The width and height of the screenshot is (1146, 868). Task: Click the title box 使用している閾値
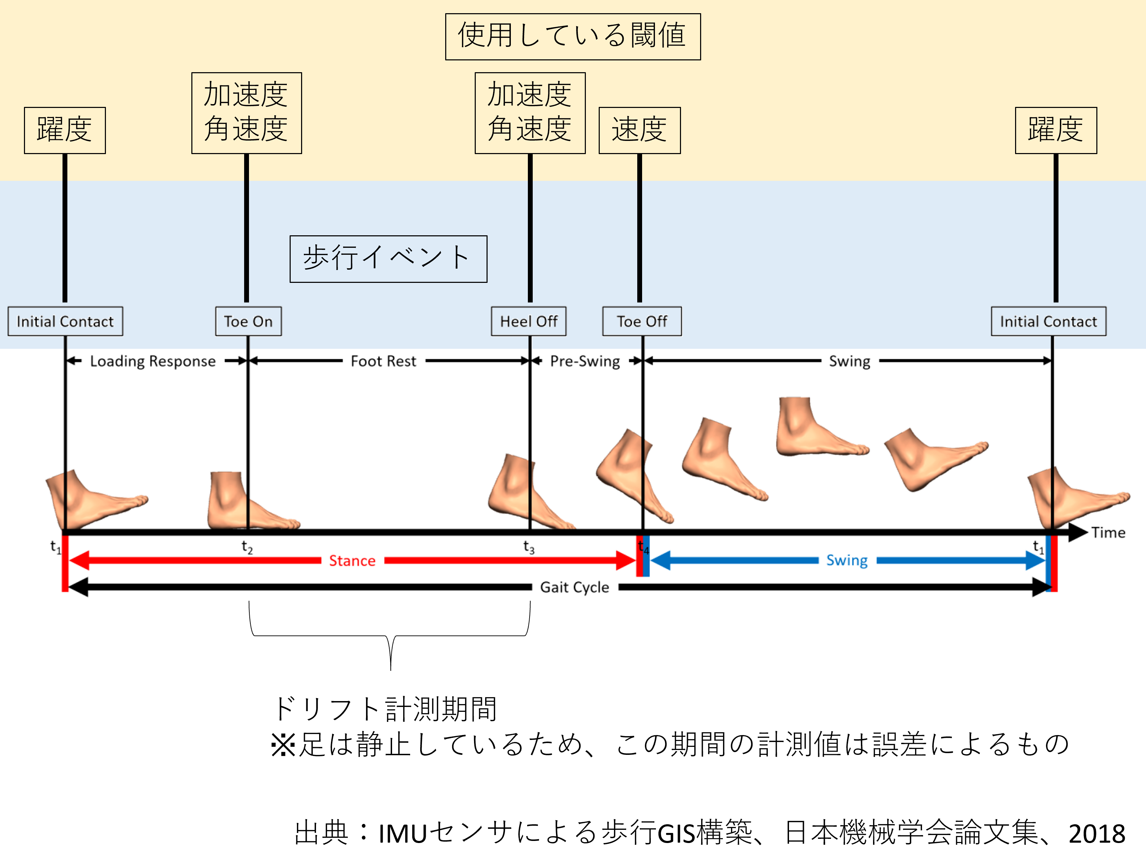pyautogui.click(x=573, y=36)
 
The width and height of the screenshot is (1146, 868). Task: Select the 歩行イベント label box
pyautogui.click(x=388, y=259)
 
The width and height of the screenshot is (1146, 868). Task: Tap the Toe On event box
pyautogui.click(x=248, y=321)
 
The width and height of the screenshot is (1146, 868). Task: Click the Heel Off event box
pyautogui.click(x=529, y=321)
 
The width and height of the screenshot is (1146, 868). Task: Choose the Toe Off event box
pyautogui.click(x=641, y=321)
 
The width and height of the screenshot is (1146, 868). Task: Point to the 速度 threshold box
pyautogui.click(x=639, y=130)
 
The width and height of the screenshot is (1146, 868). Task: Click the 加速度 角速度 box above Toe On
pyautogui.click(x=246, y=112)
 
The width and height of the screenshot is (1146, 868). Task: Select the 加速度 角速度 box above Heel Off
pyautogui.click(x=530, y=112)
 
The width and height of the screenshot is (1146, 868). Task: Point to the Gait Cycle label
pyautogui.click(x=574, y=587)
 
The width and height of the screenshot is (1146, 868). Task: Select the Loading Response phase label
pyautogui.click(x=152, y=361)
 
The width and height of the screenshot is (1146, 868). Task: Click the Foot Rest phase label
pyautogui.click(x=383, y=361)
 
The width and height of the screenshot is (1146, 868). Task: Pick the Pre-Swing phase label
pyautogui.click(x=585, y=361)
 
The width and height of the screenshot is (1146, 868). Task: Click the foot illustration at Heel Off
pyautogui.click(x=523, y=492)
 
